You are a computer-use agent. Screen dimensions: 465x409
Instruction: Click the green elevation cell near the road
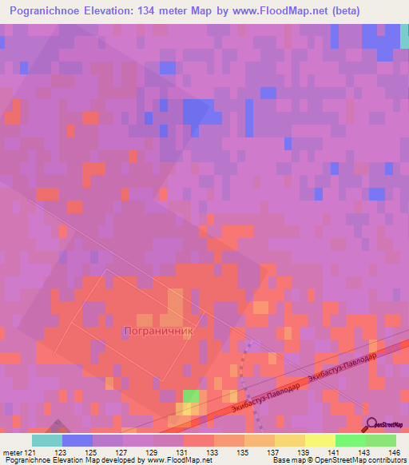(x=191, y=396)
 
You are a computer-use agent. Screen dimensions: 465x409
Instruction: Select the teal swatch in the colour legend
(x=47, y=440)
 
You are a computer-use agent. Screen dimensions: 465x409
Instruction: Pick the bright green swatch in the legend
(x=350, y=440)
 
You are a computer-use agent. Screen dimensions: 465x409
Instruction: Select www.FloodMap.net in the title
(x=272, y=11)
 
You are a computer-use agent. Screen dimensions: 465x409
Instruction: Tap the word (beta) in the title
(x=343, y=11)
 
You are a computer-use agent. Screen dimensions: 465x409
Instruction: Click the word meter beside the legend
(x=11, y=451)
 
